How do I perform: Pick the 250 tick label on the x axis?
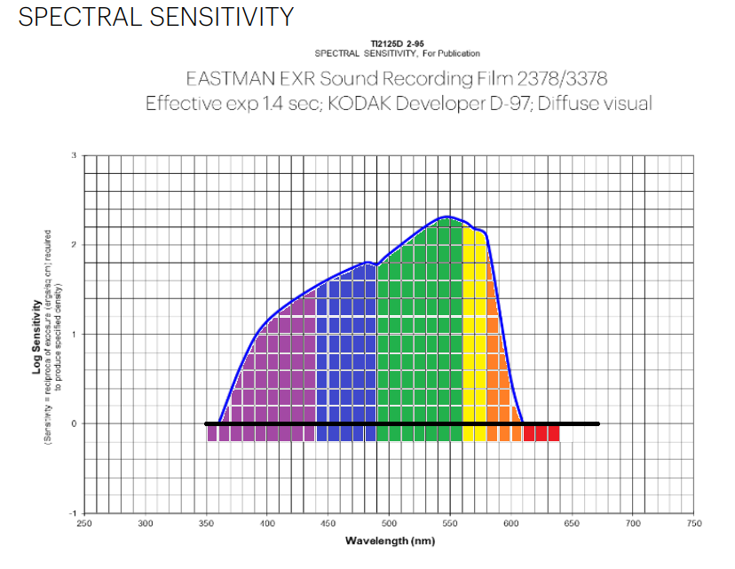(84, 524)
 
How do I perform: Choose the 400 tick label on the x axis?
(267, 524)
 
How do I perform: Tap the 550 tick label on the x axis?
(450, 524)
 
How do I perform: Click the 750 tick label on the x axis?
(694, 524)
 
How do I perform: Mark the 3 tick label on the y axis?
(74, 156)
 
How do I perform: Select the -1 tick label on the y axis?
(72, 514)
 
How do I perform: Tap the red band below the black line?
(541, 434)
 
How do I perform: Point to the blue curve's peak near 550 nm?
(447, 217)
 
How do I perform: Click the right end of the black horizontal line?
(597, 423)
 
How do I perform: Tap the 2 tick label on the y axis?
(74, 245)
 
